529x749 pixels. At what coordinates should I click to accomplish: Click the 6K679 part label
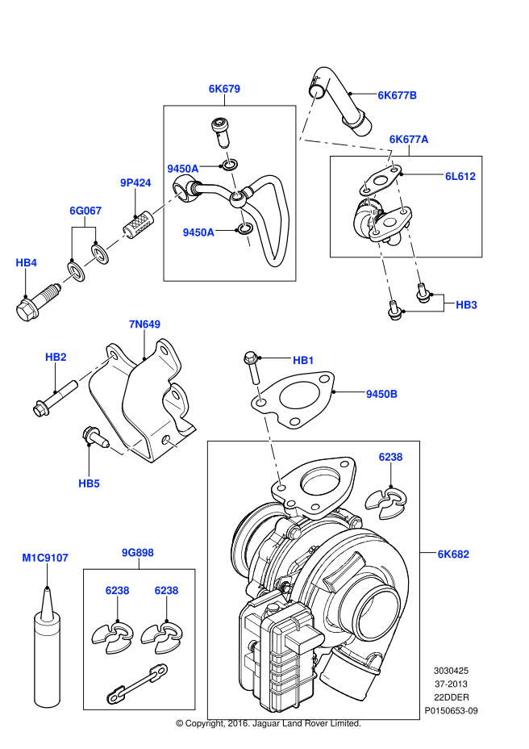(224, 89)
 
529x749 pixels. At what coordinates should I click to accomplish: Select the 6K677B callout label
(398, 95)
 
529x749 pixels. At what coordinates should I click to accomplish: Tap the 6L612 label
(460, 175)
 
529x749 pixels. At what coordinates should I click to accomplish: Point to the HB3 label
(466, 304)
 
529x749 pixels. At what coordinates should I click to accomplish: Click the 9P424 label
(135, 183)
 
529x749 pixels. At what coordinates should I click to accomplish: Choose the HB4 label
(27, 262)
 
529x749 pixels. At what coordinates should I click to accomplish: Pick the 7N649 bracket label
(144, 324)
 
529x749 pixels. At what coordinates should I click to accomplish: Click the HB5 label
(89, 483)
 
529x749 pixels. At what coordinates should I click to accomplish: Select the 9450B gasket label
(381, 394)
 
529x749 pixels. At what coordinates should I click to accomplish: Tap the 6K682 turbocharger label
(453, 554)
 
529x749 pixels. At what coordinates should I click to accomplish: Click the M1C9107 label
(45, 557)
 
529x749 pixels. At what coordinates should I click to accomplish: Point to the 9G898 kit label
(138, 553)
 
